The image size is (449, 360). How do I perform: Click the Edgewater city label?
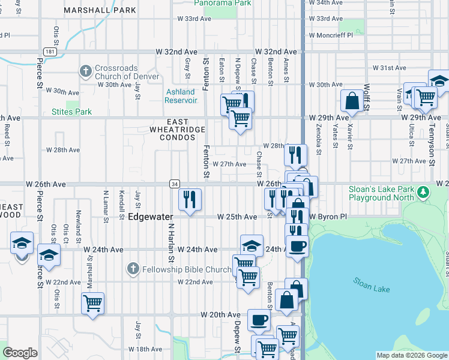(x=151, y=217)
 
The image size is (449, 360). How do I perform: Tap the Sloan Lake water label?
(x=372, y=284)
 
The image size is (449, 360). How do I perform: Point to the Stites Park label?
(x=71, y=112)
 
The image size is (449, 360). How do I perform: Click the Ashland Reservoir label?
(x=180, y=96)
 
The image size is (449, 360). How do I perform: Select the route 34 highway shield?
(x=174, y=184)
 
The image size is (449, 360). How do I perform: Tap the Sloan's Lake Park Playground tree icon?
(x=424, y=193)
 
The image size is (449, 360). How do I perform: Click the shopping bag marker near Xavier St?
(x=352, y=101)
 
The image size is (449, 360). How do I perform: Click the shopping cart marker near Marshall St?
(x=93, y=304)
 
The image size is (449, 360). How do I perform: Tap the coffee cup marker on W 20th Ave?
(x=259, y=320)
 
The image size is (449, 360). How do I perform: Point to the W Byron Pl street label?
(x=328, y=217)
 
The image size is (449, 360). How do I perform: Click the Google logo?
(x=20, y=353)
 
